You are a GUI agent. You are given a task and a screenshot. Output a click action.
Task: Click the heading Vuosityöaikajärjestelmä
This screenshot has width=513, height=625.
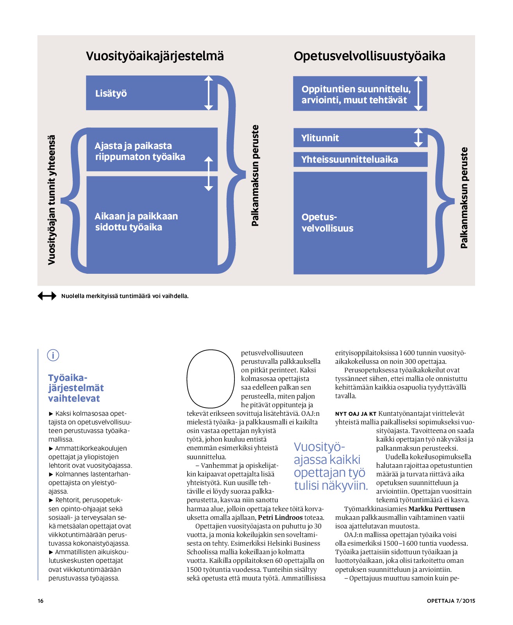pos(155,56)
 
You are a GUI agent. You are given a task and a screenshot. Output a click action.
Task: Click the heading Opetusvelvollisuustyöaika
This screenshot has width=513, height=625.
pos(369,56)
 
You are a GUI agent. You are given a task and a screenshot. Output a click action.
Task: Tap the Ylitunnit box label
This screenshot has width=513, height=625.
pos(320,138)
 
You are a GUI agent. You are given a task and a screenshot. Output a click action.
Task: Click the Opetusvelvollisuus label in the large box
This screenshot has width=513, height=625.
pos(327,223)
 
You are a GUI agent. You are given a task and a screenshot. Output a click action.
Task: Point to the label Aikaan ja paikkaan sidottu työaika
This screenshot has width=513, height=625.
pos(136,222)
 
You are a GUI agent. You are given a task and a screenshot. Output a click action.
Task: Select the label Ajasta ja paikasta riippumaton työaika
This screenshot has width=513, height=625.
pos(139,151)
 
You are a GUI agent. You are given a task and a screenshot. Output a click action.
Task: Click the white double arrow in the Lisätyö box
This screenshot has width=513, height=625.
pos(209,93)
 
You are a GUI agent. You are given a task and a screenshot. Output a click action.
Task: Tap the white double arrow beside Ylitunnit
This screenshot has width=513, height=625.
pos(418,138)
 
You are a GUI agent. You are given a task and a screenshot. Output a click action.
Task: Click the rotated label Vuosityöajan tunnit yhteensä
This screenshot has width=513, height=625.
pos(52,200)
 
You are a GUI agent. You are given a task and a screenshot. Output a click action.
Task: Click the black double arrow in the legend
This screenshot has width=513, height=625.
pos(47,296)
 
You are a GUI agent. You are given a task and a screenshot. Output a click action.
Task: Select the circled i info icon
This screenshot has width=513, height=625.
pos(53,356)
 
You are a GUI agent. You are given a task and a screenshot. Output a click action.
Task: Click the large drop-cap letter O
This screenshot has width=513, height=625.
pos(210,378)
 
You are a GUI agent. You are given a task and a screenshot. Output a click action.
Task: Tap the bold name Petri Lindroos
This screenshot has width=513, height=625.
pos(280,517)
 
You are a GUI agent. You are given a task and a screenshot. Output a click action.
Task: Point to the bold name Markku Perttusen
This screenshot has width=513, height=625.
pos(436,509)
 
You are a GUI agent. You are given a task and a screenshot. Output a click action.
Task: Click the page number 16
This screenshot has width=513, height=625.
pos(41,601)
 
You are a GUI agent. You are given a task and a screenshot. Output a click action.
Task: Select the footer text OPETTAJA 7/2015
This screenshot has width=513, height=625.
pos(451,601)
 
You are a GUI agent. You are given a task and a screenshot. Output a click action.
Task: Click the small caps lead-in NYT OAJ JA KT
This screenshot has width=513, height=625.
pos(356,414)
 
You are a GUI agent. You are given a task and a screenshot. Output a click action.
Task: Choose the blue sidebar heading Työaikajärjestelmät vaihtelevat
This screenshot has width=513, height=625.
pos(76,388)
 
